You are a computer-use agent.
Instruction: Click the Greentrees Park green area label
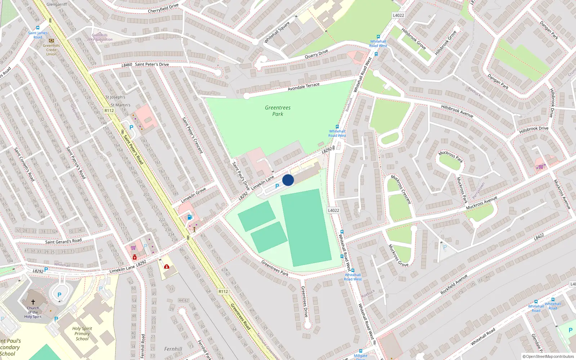tap(278, 111)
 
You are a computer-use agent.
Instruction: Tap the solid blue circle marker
tap(288, 180)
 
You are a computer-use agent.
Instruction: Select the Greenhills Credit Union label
tap(51, 50)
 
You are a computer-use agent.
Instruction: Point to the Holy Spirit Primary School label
tap(82, 333)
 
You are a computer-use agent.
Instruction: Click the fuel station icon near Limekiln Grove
tap(190, 217)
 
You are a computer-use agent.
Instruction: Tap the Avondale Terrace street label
tap(303, 86)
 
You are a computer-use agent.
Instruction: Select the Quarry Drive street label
tap(316, 54)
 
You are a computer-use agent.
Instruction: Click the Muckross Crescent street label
tap(401, 189)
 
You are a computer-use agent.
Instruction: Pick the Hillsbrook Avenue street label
tap(457, 111)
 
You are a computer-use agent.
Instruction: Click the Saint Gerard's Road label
tap(63, 241)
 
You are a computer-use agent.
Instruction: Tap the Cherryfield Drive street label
tap(163, 8)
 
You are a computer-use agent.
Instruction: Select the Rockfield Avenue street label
tap(454, 284)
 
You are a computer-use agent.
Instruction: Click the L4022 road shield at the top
tap(398, 15)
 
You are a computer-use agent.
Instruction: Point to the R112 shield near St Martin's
tap(109, 111)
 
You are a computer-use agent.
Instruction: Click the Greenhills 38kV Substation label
tap(100, 37)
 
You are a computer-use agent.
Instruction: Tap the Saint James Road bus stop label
tap(38, 35)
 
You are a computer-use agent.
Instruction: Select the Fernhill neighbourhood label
tap(173, 349)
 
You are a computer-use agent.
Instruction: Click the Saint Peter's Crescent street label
tap(192, 135)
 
